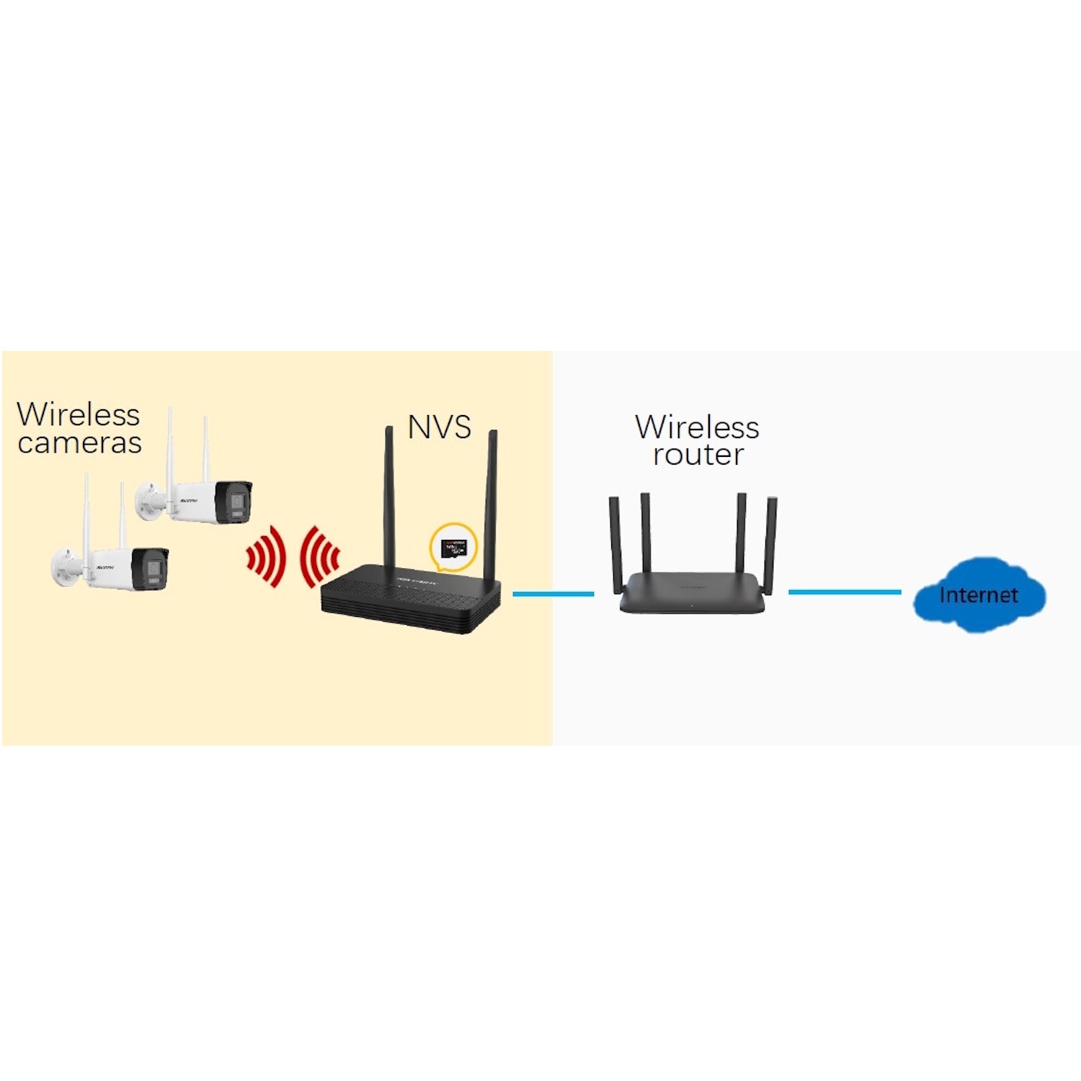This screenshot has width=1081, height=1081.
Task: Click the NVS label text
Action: (x=439, y=427)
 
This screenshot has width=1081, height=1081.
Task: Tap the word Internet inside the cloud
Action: (x=978, y=595)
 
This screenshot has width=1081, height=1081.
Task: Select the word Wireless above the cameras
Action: (x=79, y=414)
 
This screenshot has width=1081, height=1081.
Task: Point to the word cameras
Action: (x=79, y=442)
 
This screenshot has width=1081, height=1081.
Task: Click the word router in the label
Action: (x=698, y=455)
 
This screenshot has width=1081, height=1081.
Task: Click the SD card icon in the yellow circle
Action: (x=453, y=548)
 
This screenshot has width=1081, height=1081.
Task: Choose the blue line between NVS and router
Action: (x=553, y=594)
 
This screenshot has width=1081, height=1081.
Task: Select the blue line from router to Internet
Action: (x=844, y=592)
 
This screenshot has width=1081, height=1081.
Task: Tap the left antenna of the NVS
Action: (x=389, y=490)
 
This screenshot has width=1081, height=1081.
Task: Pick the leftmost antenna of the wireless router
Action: (x=615, y=544)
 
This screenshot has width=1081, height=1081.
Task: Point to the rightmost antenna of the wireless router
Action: (x=770, y=544)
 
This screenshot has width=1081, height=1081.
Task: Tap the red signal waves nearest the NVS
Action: (x=319, y=556)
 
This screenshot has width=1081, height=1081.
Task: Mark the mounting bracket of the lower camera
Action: (x=66, y=566)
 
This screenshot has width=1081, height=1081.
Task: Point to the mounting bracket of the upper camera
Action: (x=151, y=500)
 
